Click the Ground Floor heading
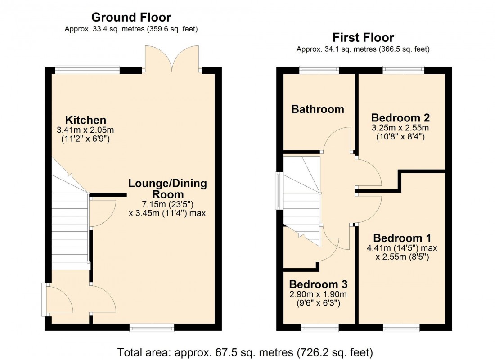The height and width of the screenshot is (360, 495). pos(131,18)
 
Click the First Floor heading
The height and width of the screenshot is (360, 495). pos(363,37)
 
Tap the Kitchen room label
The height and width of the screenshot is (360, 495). pos(85,120)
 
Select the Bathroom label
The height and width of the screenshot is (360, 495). pos(318,109)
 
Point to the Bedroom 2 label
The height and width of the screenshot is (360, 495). pos(400,118)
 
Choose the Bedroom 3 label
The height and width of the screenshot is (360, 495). pos(318,284)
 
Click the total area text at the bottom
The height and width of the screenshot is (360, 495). pos(245,351)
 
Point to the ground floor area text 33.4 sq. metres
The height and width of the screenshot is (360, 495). pos(131,29)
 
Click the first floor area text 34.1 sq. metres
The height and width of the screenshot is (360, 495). pos(363,49)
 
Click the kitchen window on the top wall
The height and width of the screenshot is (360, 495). pos(87,70)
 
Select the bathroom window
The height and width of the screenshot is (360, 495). pos(319,70)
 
